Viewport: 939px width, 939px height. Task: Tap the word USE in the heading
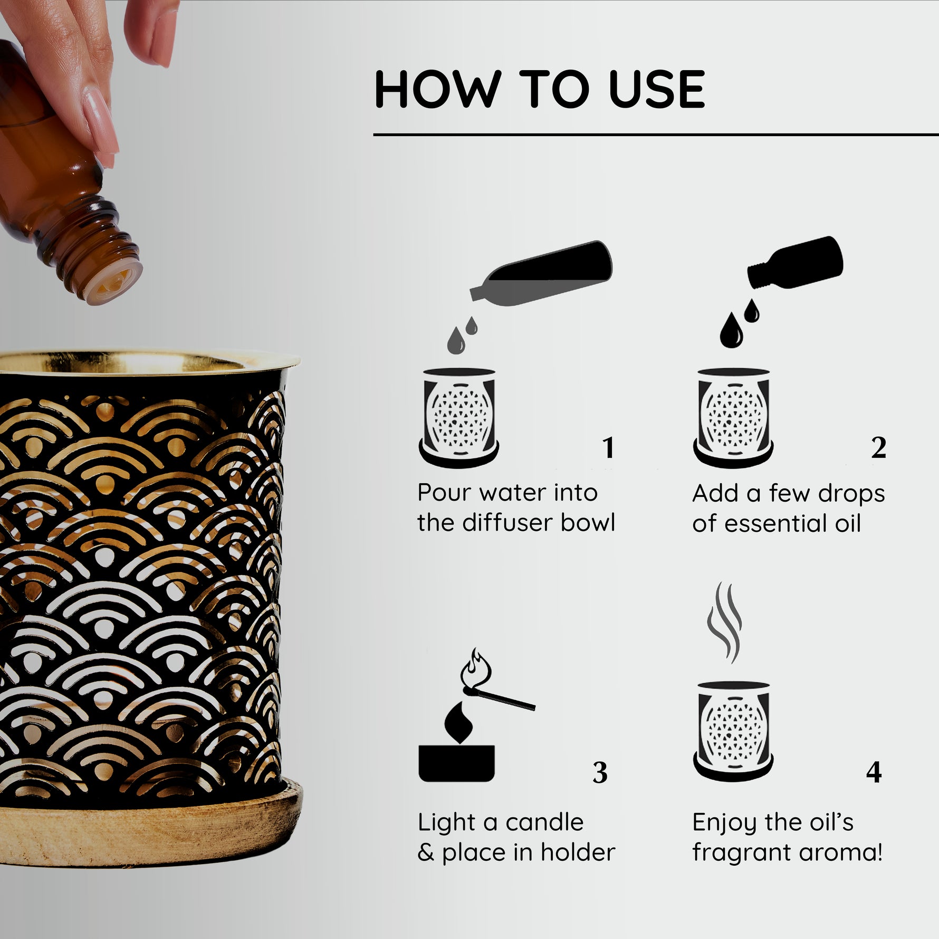(x=657, y=89)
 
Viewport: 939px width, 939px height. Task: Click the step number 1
(x=609, y=448)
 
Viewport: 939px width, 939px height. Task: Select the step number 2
(x=878, y=448)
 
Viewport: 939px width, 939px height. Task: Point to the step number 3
(x=600, y=773)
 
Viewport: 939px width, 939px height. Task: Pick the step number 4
(x=874, y=773)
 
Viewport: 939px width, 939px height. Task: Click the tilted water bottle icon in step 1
(x=541, y=271)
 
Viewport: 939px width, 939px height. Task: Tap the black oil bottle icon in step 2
(x=795, y=262)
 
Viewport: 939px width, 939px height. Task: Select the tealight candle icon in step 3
(x=457, y=750)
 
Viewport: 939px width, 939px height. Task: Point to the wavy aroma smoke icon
(x=724, y=622)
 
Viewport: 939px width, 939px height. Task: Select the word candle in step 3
(x=545, y=822)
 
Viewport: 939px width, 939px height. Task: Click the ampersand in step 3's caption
(x=426, y=853)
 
